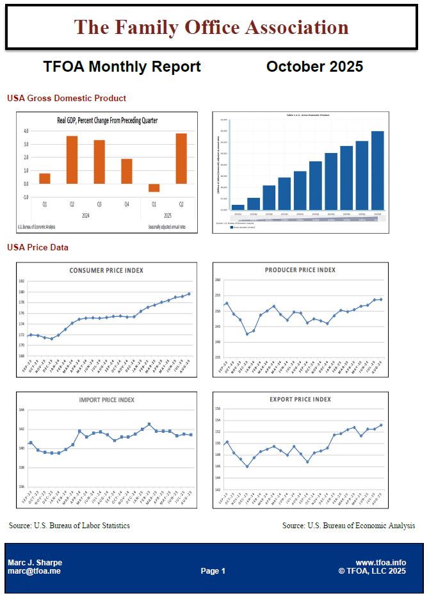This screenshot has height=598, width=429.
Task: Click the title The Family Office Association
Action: [211, 27]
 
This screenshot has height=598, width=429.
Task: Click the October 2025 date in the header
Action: [314, 67]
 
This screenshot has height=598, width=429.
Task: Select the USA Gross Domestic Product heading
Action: [67, 99]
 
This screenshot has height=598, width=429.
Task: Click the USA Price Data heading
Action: [38, 247]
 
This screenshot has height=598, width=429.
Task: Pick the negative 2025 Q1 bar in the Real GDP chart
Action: [154, 188]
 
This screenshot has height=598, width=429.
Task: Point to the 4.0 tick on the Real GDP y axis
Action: [26, 131]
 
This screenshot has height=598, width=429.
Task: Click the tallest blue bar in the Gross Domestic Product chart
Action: [377, 170]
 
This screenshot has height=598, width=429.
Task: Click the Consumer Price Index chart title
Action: [106, 271]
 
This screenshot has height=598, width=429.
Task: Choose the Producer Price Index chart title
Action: [300, 270]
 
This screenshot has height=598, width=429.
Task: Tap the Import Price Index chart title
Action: [106, 400]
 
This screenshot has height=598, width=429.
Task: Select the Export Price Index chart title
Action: [300, 400]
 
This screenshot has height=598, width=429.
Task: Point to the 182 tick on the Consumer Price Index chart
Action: [22, 282]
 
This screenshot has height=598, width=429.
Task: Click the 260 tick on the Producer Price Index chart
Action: [218, 280]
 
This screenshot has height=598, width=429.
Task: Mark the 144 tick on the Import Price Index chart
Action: [22, 410]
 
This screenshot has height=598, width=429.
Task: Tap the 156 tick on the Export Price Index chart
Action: [218, 408]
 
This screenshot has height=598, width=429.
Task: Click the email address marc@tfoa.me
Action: [34, 571]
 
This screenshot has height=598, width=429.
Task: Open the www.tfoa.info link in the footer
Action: [381, 563]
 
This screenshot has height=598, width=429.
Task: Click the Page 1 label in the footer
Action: [213, 571]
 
